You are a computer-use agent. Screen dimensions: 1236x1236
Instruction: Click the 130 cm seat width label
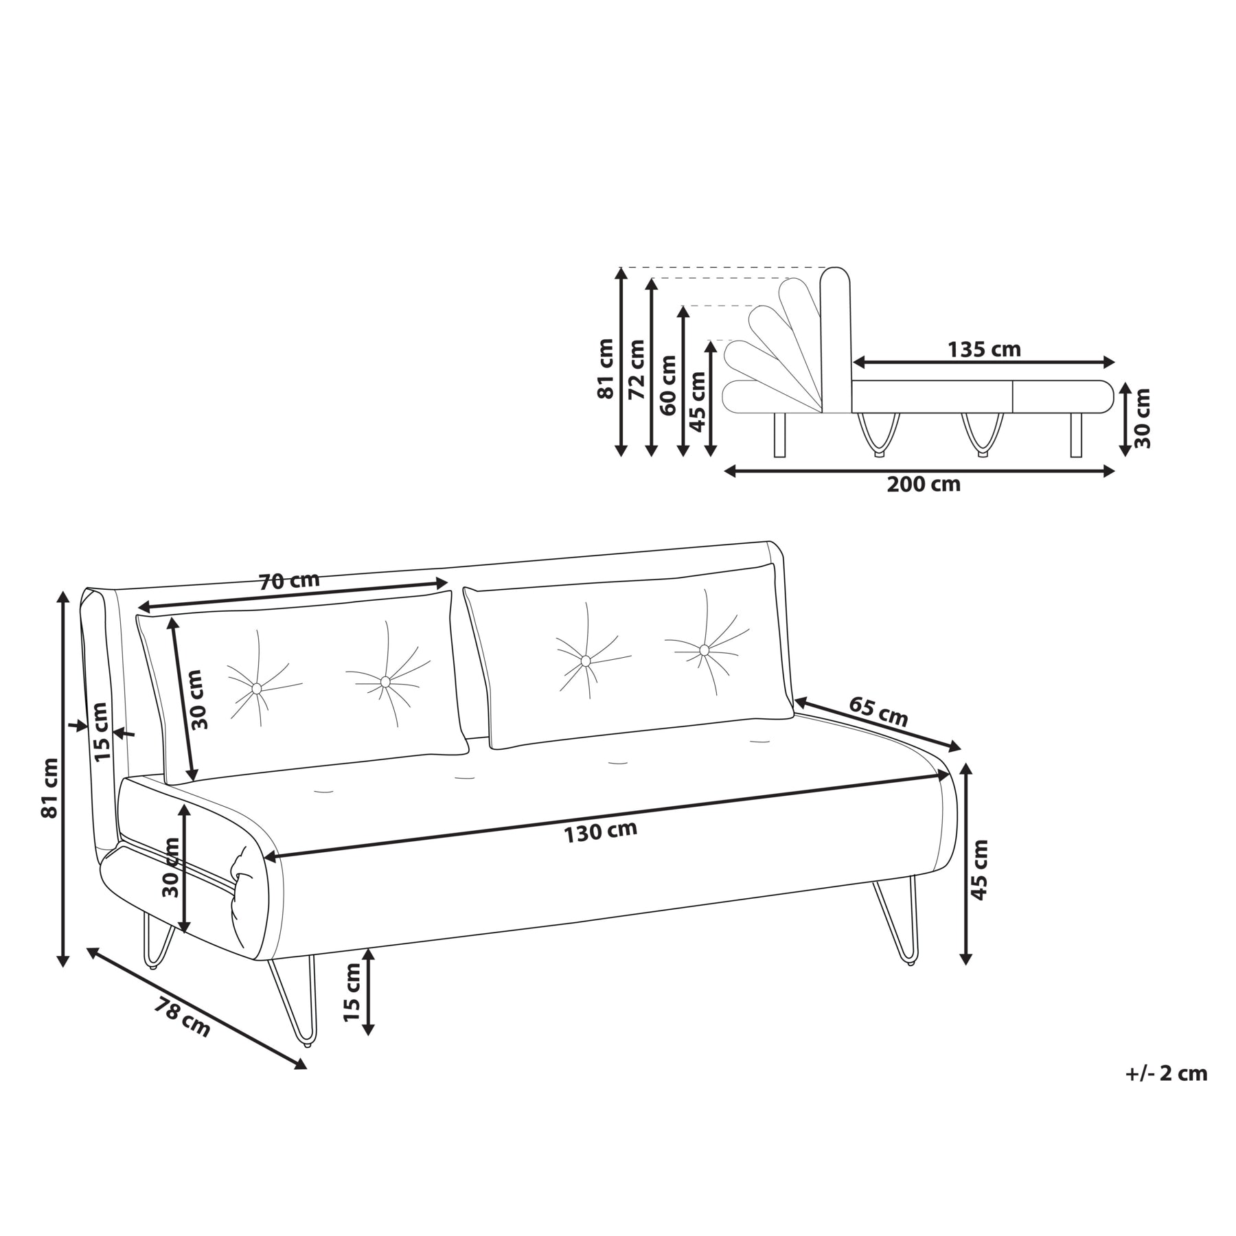pos(600,832)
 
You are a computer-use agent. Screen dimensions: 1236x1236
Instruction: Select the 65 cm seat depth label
pos(878,711)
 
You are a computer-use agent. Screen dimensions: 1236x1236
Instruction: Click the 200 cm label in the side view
pos(924,485)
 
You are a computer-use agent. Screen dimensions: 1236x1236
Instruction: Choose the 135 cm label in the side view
pos(984,350)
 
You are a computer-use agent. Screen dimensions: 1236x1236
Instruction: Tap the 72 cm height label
pos(637,369)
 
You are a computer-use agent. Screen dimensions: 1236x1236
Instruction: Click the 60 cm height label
pos(667,385)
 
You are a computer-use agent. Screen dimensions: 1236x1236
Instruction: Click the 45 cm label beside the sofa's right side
pos(980,869)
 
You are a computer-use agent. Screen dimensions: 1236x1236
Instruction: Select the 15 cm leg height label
pos(351,992)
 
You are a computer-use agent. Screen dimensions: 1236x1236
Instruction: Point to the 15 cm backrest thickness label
pos(101,731)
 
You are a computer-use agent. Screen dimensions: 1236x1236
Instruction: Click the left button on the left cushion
pos(256,688)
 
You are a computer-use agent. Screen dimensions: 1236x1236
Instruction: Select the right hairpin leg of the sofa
pos(897,919)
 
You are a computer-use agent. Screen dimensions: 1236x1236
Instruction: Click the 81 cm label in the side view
pos(606,368)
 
